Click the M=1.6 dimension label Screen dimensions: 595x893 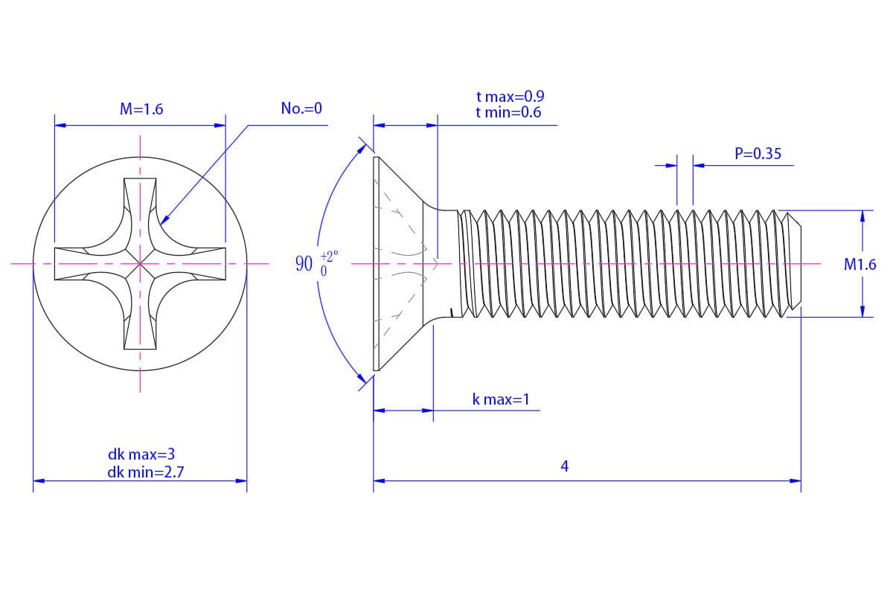click(x=141, y=109)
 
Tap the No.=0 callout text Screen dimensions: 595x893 click(x=301, y=109)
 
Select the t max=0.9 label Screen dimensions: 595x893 click(x=510, y=97)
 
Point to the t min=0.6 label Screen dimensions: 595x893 click(x=508, y=112)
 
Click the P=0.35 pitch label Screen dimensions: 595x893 click(x=758, y=154)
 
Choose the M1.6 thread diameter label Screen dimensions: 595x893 click(x=860, y=264)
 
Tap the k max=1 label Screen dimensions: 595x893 click(x=501, y=399)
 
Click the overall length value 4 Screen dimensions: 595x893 click(x=565, y=466)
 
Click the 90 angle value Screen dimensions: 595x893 click(x=304, y=263)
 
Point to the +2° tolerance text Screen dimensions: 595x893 click(x=330, y=256)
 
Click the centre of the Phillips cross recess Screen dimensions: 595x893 click(x=140, y=263)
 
